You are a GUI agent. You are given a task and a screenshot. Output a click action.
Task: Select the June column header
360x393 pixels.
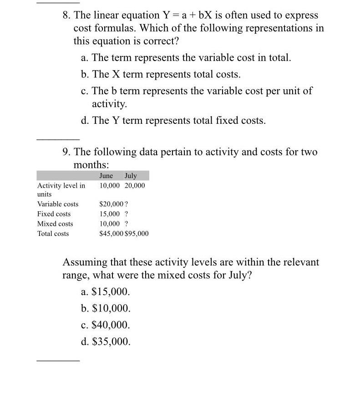pos(106,176)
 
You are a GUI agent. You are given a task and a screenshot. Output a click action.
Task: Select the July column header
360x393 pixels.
pos(130,176)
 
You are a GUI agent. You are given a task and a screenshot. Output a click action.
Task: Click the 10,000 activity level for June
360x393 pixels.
pos(110,185)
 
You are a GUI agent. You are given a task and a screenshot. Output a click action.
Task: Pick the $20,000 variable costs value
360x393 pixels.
pos(109,204)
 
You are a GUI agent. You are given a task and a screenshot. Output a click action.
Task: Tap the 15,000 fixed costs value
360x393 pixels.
pos(110,214)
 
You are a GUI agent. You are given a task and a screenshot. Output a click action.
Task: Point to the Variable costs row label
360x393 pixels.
pos(58,204)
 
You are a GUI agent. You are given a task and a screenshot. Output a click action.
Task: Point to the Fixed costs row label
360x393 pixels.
pos(54,214)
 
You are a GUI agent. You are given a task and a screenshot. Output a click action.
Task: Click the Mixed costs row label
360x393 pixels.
pos(55,224)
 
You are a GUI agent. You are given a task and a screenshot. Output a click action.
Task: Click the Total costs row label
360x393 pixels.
pos(53,234)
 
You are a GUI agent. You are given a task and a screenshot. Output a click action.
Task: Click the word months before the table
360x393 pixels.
pos(91,164)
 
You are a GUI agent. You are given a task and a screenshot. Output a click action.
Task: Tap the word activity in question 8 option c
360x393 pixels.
pos(109,104)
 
